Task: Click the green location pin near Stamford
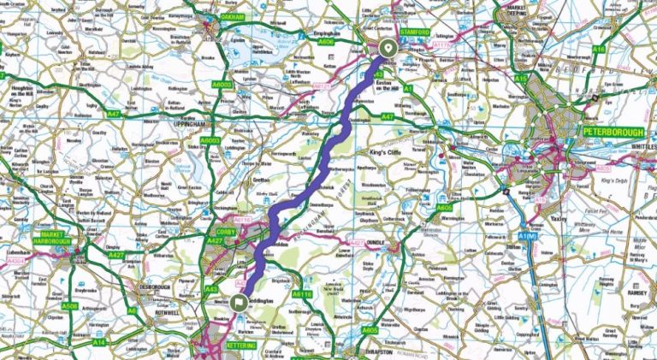(388, 48)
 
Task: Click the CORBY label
(224, 232)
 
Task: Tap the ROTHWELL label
(173, 312)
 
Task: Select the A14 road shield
(99, 342)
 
